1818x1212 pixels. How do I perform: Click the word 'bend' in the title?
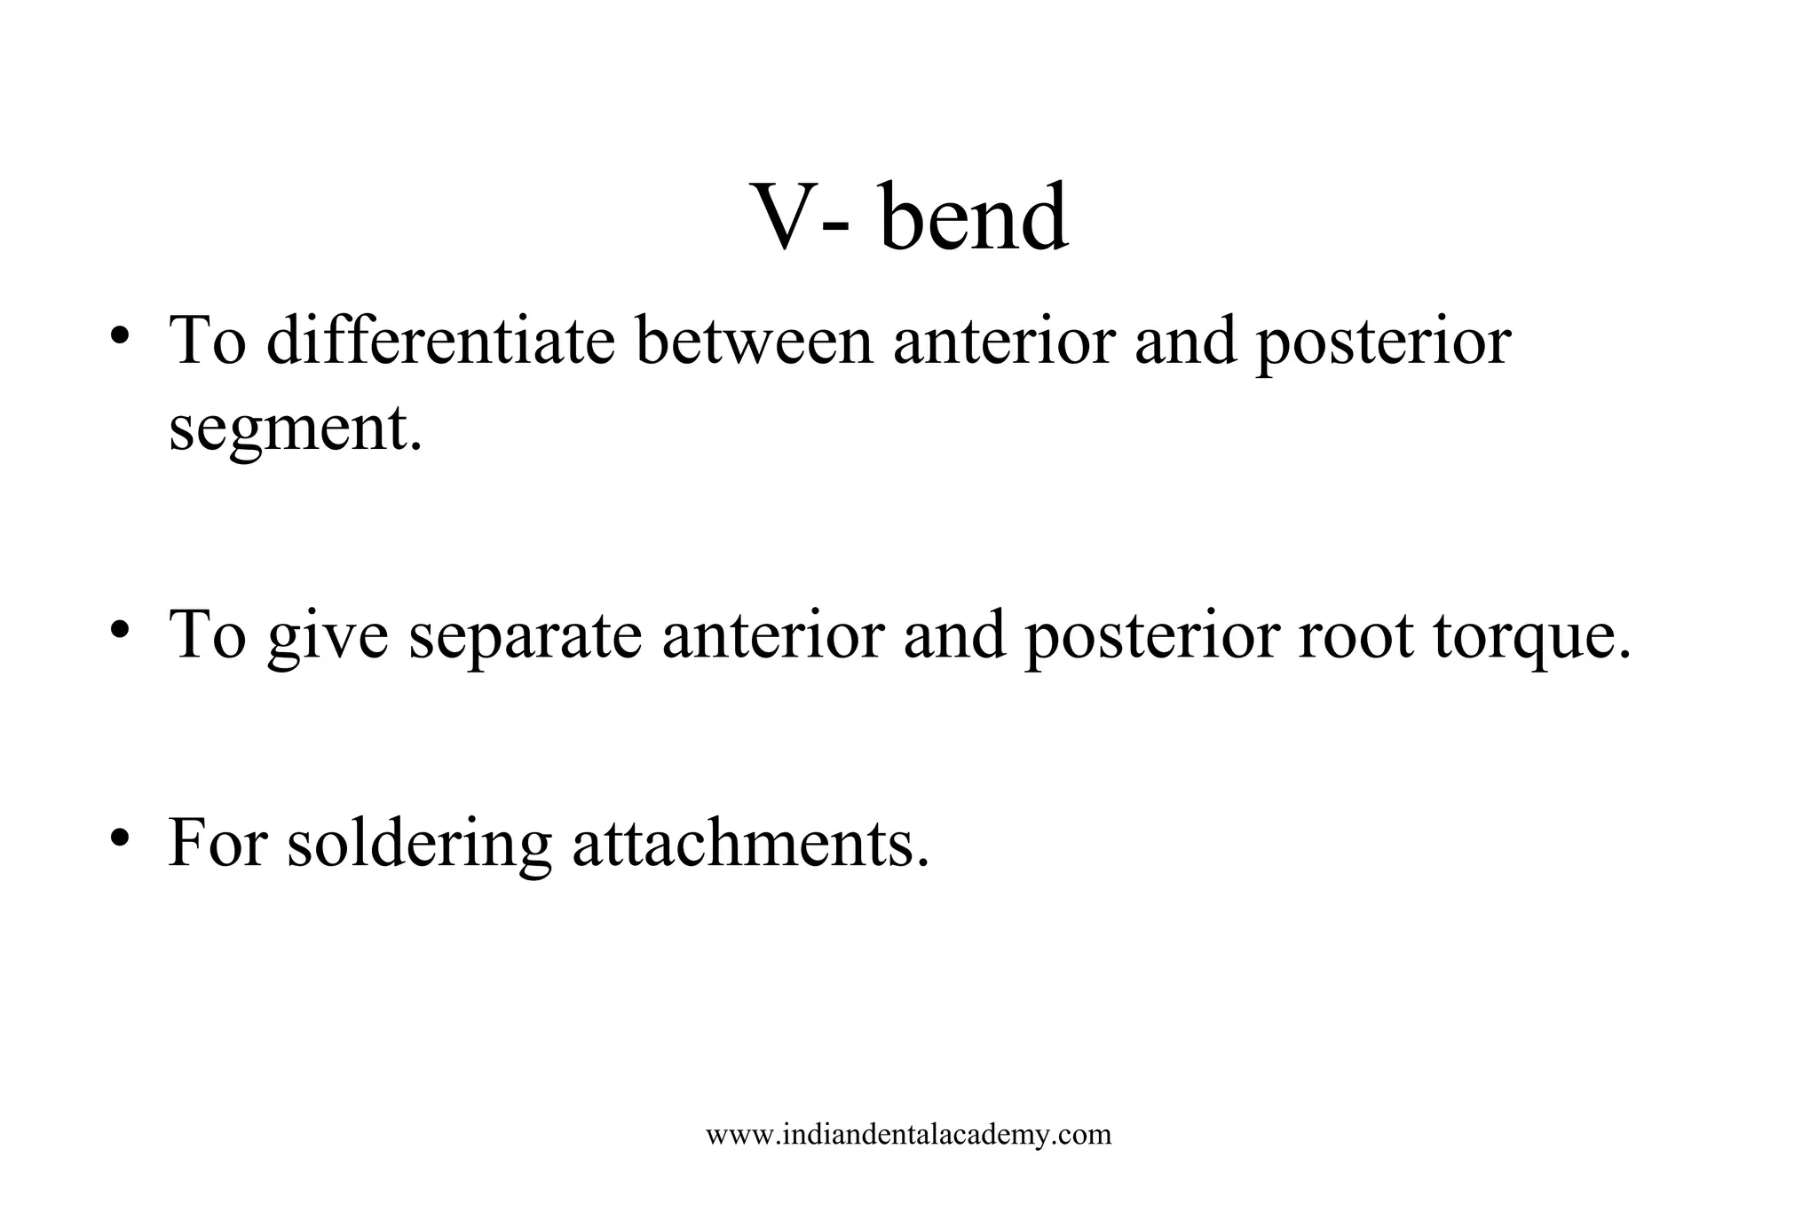974,217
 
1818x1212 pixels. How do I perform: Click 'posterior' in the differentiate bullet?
1382,342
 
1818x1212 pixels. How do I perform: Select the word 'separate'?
525,637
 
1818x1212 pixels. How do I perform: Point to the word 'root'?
1355,635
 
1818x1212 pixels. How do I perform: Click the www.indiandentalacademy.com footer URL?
908,1134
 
